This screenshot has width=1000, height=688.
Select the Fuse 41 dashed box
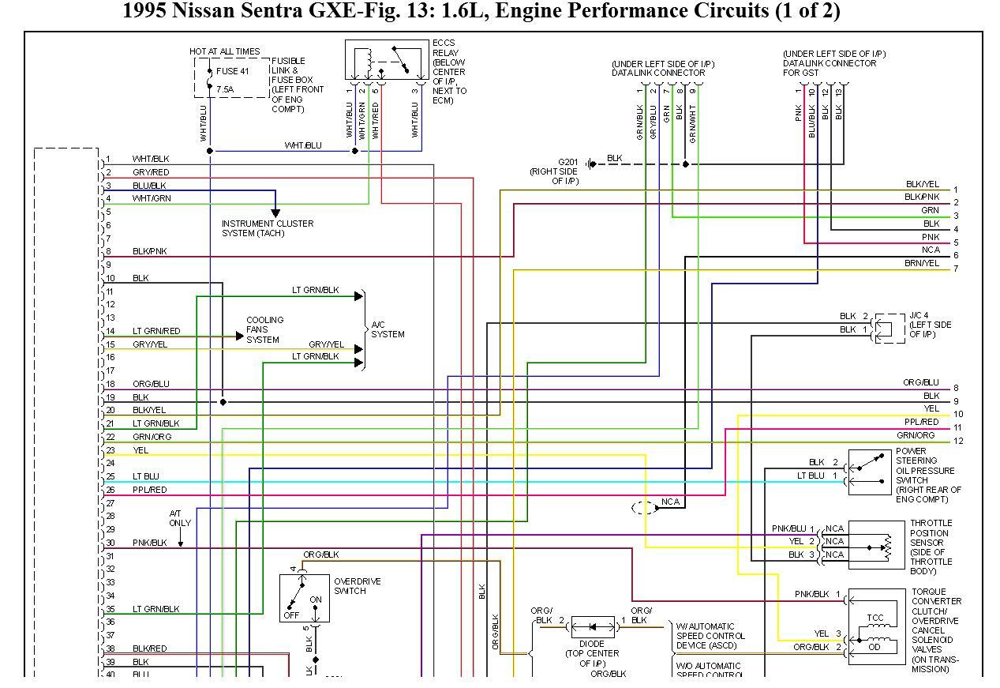pyautogui.click(x=232, y=77)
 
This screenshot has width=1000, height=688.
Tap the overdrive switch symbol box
pyautogui.click(x=304, y=598)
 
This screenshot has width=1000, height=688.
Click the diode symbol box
pyautogui.click(x=593, y=627)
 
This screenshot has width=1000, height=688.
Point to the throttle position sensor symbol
pyautogui.click(x=876, y=545)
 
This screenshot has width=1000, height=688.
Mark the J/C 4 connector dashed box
pyautogui.click(x=890, y=329)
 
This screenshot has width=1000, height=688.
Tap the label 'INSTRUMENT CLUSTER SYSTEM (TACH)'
pyautogui.click(x=267, y=228)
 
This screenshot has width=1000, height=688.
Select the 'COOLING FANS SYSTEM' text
pyautogui.click(x=264, y=329)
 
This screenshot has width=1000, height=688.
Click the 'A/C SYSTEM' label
pyautogui.click(x=388, y=329)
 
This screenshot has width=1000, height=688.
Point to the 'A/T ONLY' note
pyautogui.click(x=180, y=518)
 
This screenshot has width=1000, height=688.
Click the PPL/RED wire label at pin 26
pyautogui.click(x=149, y=490)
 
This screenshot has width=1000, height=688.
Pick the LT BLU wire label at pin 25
pyautogui.click(x=146, y=476)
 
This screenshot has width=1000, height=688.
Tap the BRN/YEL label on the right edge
pyautogui.click(x=922, y=263)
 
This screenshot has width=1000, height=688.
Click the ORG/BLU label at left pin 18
pyautogui.click(x=151, y=384)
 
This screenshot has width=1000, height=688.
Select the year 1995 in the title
pyautogui.click(x=145, y=11)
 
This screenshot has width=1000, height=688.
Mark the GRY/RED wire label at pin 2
pyautogui.click(x=150, y=172)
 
